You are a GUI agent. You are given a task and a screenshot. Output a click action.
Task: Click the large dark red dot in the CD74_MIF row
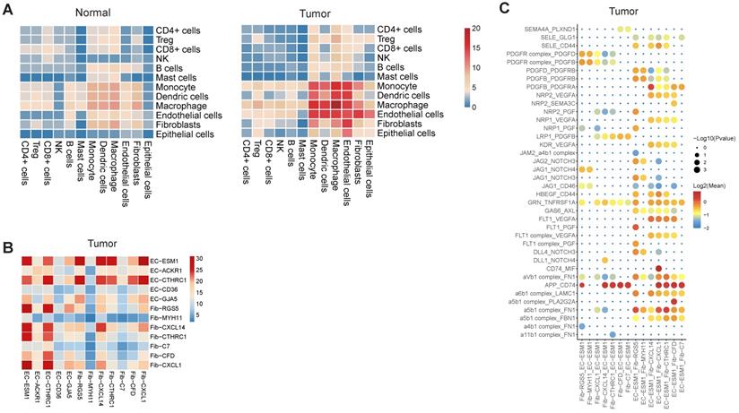(659, 267)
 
